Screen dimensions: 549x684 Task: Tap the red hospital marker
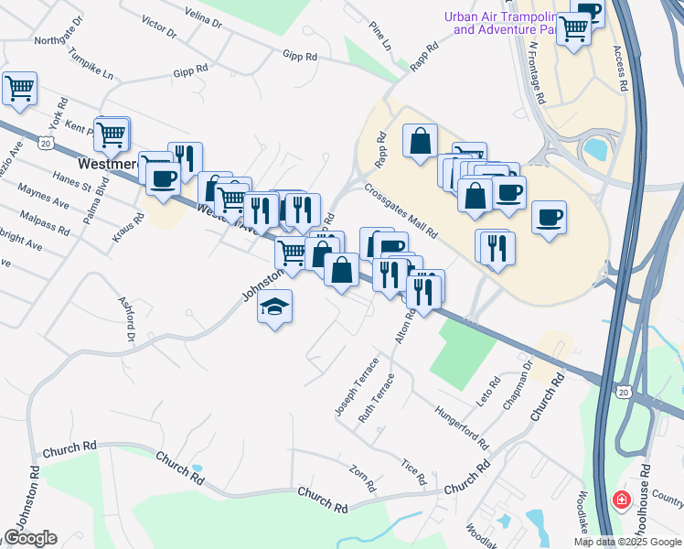click(621, 501)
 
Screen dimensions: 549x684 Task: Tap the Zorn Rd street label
click(363, 478)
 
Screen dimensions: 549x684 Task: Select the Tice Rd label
click(414, 472)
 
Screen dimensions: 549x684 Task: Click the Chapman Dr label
click(518, 378)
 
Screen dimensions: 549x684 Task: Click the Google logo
click(30, 538)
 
